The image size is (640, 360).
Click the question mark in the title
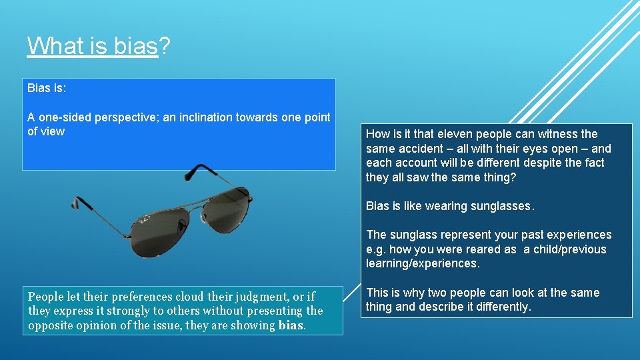pyautogui.click(x=164, y=46)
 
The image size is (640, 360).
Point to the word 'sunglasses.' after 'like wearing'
pyautogui.click(x=502, y=206)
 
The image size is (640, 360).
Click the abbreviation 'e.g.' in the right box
pyautogui.click(x=376, y=249)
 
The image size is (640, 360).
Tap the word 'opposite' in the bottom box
pyautogui.click(x=51, y=325)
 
